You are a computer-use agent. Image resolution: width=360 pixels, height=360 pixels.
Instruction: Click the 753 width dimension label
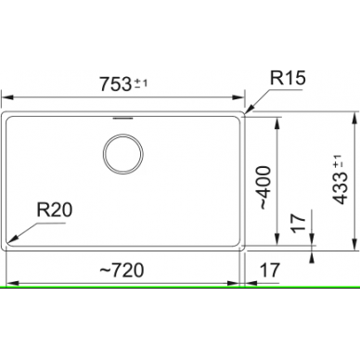tap(116, 84)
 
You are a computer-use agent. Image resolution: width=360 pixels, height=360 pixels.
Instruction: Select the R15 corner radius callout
tap(288, 78)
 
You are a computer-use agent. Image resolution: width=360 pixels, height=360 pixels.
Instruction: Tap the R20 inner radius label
tap(55, 210)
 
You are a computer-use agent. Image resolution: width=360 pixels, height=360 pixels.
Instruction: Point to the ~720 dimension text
tap(122, 270)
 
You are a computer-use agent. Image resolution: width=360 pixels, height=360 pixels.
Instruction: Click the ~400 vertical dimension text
tap(265, 187)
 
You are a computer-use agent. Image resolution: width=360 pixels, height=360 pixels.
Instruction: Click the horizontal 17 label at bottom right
tap(270, 270)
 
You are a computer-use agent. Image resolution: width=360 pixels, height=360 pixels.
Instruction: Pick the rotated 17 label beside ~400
tap(299, 223)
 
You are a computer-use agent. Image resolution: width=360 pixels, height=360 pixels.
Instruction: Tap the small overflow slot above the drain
tap(123, 118)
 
